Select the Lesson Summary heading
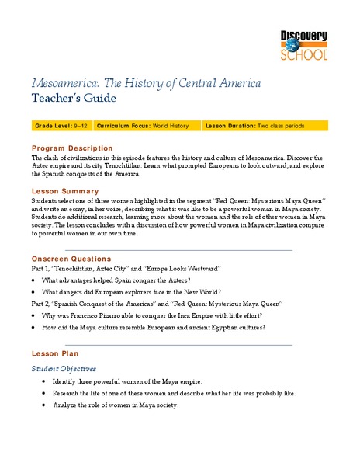(x=64, y=190)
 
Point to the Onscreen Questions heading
(x=71, y=259)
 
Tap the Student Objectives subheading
(x=64, y=368)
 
